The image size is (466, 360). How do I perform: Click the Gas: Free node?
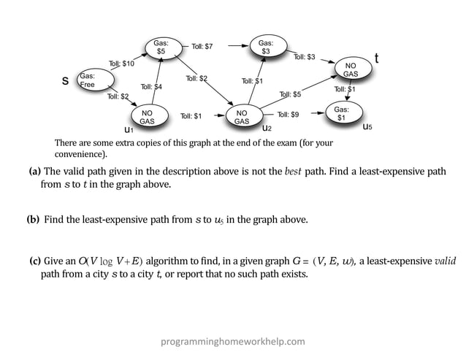tap(88, 80)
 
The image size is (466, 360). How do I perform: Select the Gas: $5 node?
tap(161, 47)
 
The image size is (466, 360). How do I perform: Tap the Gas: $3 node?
tap(266, 47)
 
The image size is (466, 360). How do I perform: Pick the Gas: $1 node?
tap(341, 113)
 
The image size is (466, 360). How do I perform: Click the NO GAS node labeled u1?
tap(147, 117)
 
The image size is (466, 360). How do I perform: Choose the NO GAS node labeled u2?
tap(242, 117)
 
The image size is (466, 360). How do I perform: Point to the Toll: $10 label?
tap(121, 64)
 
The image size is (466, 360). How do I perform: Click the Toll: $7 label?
tap(202, 47)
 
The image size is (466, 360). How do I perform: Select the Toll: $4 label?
tap(150, 87)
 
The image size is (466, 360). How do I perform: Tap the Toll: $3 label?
tap(304, 56)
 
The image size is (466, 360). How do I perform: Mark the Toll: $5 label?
tap(290, 94)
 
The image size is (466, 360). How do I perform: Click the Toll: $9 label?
tap(288, 115)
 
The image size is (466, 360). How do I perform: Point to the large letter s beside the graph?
tap(66, 81)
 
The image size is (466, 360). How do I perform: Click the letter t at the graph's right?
tap(376, 58)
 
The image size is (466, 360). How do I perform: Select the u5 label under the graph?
tap(367, 127)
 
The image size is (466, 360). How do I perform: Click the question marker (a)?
tap(34, 172)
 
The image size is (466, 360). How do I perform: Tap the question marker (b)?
tap(33, 219)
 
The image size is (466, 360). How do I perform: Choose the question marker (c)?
tap(35, 261)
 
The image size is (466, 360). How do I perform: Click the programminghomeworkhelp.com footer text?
tap(233, 341)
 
